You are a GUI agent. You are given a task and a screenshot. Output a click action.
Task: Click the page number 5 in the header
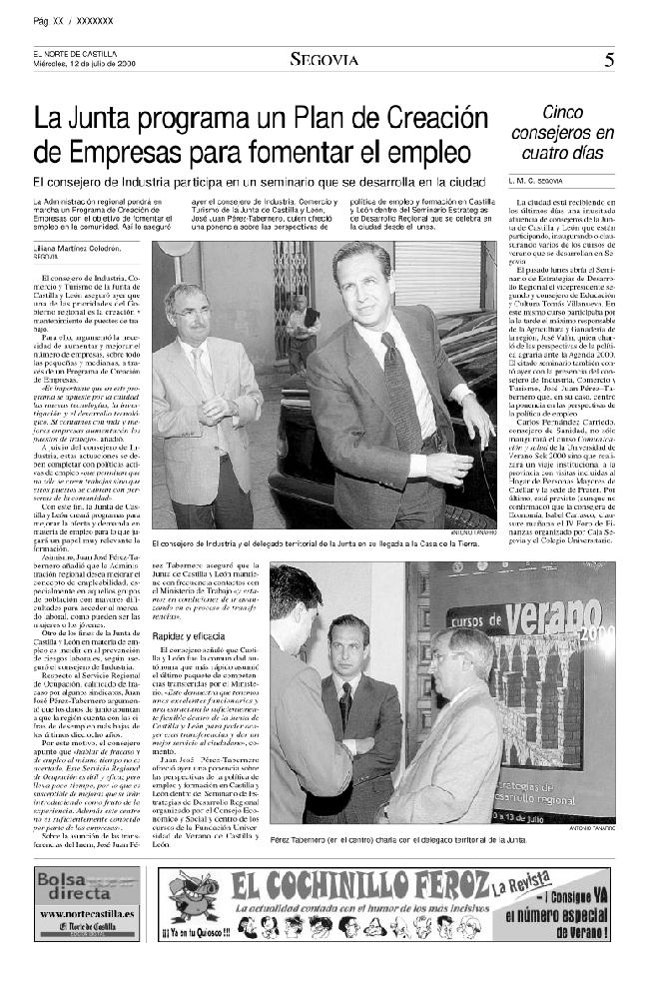609,60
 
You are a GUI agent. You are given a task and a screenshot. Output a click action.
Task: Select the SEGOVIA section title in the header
324,60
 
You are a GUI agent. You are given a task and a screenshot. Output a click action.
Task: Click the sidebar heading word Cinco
563,113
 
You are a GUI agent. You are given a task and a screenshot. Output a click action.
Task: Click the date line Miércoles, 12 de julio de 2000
83,64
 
